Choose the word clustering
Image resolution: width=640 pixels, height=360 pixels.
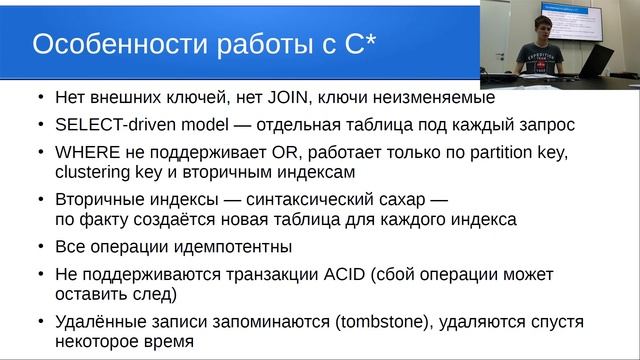tap(89, 172)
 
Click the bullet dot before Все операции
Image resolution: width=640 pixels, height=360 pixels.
tap(39, 246)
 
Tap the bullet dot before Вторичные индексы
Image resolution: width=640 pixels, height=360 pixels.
tap(39, 199)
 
